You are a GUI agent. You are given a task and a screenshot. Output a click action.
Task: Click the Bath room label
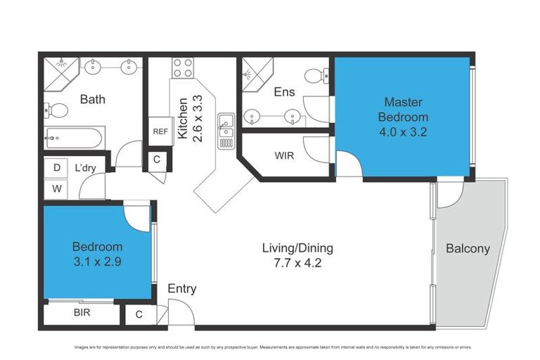click(92, 99)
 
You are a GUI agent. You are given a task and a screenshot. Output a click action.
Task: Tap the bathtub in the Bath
click(74, 136)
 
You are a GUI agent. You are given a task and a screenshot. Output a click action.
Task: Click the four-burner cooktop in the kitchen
click(183, 68)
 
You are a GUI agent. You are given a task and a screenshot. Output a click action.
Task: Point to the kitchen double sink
click(226, 126)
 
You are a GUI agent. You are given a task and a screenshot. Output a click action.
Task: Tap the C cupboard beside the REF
click(157, 160)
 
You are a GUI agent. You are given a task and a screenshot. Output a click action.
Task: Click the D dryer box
click(56, 168)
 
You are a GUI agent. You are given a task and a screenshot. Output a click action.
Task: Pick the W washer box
click(56, 188)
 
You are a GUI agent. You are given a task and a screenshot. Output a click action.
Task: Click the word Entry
click(181, 289)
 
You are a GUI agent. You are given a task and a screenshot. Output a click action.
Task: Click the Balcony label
click(468, 249)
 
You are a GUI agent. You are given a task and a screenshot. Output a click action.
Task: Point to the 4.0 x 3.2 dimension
click(403, 131)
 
